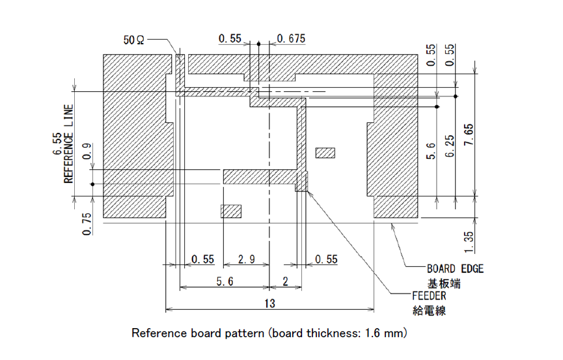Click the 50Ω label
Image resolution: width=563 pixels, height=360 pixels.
135,40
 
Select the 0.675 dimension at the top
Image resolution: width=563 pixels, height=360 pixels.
291,39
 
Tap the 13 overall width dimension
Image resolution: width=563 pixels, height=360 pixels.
269,303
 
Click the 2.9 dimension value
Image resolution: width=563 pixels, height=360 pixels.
246,259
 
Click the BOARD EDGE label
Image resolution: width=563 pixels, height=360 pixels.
455,268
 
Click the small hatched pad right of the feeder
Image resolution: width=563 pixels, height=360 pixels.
325,152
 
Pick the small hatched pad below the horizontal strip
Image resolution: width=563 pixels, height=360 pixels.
231,211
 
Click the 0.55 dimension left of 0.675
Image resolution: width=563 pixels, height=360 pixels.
231,39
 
